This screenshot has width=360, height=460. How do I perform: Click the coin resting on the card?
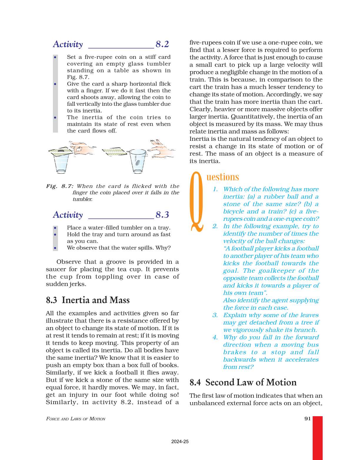pos(61,151)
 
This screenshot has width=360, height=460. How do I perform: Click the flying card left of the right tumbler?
pos(115,152)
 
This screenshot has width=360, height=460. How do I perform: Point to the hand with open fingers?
pos(162,149)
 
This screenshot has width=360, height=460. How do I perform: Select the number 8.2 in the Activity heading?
pos(162,44)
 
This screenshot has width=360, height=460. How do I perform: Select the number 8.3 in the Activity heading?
pos(162,215)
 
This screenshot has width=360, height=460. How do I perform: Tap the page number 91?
pos(308,419)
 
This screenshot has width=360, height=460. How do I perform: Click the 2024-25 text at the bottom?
pos(180,441)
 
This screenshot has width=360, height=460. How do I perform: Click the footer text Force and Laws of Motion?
pos(76,419)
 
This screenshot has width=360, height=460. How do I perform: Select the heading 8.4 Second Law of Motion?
pos(243,382)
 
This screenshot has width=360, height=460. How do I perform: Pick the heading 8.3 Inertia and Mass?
pos(88,300)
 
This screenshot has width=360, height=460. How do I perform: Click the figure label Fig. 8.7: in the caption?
pos(60,186)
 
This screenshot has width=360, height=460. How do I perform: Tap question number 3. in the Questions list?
pos(215,315)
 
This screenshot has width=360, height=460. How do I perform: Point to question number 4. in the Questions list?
pos(215,337)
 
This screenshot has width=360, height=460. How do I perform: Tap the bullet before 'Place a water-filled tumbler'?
pos(55,228)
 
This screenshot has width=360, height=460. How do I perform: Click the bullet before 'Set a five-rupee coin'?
pos(55,57)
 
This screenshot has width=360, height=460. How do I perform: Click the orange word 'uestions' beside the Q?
pos(223,177)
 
